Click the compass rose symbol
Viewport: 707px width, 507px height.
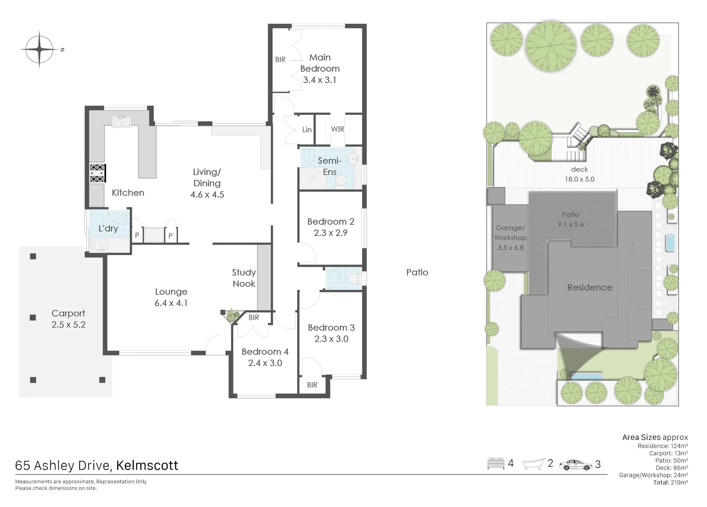pos(39,49)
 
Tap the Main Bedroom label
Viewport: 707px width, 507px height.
pos(320,63)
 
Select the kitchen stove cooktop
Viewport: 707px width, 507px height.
pos(98,173)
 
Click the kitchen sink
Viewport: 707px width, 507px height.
pos(121,122)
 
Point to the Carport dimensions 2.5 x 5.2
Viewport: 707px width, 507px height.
pos(68,325)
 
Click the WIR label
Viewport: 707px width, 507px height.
pos(338,129)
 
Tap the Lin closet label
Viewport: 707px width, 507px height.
pos(307,130)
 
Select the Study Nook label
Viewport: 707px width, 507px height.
pos(244,278)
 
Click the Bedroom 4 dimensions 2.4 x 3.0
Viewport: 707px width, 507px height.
pos(265,363)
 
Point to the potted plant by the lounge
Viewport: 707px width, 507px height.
pos(231,315)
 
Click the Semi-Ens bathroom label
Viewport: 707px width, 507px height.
pos(330,166)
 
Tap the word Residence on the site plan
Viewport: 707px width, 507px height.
pos(589,287)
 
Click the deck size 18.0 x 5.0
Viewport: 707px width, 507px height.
pos(579,179)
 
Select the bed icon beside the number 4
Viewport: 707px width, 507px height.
pos(496,464)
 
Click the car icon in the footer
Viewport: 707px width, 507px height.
pos(575,465)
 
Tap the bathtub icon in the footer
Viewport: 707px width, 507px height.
pos(533,464)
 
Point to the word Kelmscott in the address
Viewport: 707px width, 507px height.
pos(147,465)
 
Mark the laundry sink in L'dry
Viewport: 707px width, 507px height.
pos(100,245)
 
